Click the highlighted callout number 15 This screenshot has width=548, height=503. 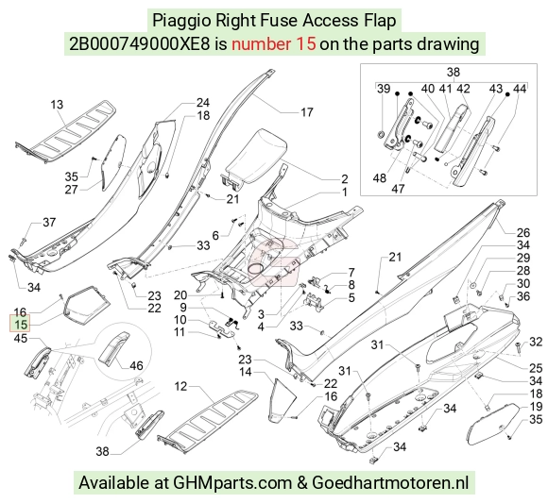coord(21,325)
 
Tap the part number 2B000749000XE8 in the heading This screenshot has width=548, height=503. coord(140,44)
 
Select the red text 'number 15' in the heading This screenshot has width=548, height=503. coord(274,44)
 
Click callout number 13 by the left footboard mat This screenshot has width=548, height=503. coord(57,105)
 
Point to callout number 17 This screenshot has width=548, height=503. coord(306,112)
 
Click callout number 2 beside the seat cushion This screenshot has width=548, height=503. coord(345,178)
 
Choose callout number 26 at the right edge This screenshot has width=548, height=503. coord(523,232)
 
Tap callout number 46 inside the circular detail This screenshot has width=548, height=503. coord(136,365)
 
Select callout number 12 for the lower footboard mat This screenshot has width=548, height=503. coord(180,386)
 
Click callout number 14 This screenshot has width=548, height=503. coord(246,372)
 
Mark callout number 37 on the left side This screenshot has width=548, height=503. coord(49,222)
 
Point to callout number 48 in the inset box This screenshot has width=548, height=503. coord(380,178)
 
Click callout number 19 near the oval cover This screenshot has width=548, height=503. coord(536,407)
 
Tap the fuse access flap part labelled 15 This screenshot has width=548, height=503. coord(86,306)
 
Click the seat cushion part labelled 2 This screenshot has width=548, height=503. coord(254,156)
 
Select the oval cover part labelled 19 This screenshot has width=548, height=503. coord(493,424)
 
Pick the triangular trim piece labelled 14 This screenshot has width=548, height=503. coord(283,397)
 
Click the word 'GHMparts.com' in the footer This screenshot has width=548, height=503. coord(232,483)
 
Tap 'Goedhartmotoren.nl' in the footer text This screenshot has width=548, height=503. coord(390,482)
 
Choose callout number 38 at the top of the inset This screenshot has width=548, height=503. coord(453,72)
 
